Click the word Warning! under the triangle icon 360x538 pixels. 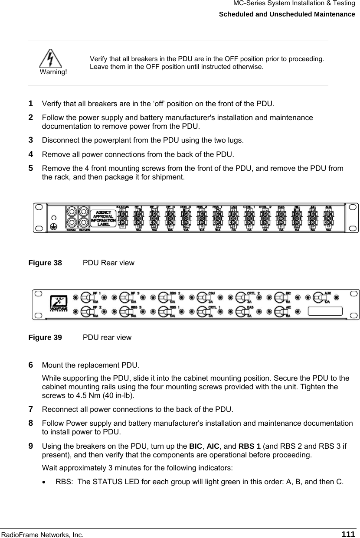tap(53, 72)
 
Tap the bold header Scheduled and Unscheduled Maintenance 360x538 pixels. tap(287, 14)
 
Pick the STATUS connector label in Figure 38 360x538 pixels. tap(123, 207)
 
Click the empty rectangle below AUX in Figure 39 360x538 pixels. tap(325, 312)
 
